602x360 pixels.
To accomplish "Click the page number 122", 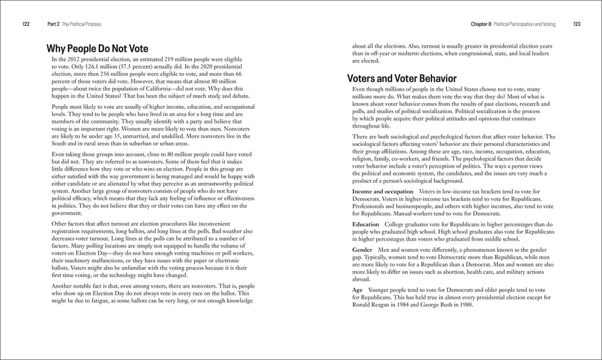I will [x=26, y=24].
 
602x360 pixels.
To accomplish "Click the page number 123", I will [x=576, y=24].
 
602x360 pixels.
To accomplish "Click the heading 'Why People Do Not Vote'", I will [x=97, y=48].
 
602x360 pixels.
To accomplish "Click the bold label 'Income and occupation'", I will [x=382, y=192].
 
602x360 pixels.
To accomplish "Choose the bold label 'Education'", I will [x=366, y=225].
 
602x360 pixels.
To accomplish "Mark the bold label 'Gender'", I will [x=363, y=250].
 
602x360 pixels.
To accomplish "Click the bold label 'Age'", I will [x=357, y=290].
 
